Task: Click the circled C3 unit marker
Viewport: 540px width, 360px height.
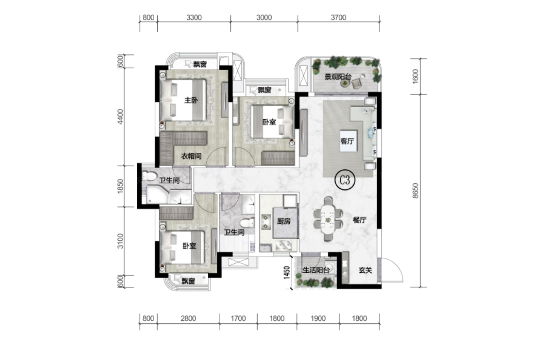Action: click(345, 180)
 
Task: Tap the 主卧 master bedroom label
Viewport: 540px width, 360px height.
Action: click(191, 100)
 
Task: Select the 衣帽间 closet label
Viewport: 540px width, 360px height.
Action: click(191, 156)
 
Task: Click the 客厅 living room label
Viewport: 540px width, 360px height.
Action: click(347, 141)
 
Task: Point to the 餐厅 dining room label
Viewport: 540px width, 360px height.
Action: click(359, 220)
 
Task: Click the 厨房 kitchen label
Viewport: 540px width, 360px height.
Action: click(284, 221)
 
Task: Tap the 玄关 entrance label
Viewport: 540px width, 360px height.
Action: click(366, 270)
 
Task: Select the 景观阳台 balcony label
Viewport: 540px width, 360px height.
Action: click(338, 77)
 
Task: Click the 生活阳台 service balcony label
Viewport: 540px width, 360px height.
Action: click(316, 270)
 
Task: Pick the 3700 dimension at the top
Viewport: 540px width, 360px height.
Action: click(339, 17)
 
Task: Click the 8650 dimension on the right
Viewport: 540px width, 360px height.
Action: click(415, 191)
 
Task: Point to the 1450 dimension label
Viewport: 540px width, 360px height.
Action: click(287, 272)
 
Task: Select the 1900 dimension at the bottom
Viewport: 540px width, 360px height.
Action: click(318, 318)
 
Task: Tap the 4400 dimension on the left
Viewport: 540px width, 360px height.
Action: click(120, 117)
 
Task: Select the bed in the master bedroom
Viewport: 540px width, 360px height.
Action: click(183, 100)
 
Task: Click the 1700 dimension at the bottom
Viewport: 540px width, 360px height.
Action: click(238, 318)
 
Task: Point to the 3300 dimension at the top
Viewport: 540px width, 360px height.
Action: click(194, 17)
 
